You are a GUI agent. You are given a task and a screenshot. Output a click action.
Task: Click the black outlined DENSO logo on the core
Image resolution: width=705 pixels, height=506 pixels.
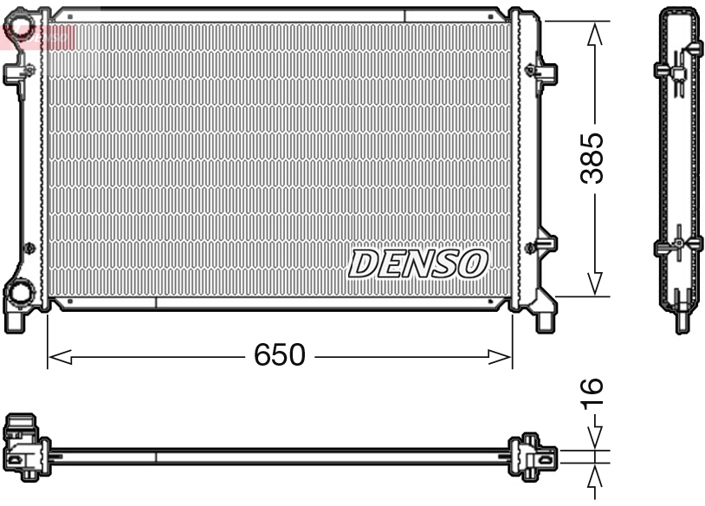pyautogui.click(x=418, y=263)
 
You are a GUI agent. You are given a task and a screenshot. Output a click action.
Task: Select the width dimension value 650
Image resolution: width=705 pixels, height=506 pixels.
pyautogui.click(x=279, y=355)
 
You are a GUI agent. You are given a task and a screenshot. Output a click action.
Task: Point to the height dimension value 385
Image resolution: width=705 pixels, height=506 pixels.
pyautogui.click(x=593, y=158)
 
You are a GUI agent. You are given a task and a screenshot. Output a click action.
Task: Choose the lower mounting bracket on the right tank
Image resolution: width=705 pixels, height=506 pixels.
pyautogui.click(x=544, y=245)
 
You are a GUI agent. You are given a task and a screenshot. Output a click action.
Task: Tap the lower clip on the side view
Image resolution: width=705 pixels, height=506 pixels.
pyautogui.click(x=678, y=245)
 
